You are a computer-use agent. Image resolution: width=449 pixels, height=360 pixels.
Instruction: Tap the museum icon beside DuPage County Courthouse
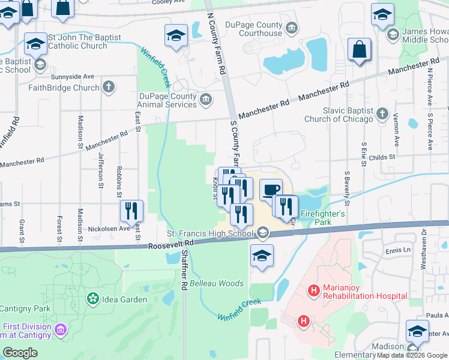(x=292, y=27)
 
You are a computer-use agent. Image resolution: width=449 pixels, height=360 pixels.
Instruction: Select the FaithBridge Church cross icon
(x=109, y=88)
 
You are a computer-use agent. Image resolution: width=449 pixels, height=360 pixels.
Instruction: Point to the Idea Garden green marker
(x=92, y=298)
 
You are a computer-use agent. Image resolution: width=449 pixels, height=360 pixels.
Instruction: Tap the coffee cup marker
(x=271, y=190)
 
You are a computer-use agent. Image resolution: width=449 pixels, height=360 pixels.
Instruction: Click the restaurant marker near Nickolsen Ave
(x=131, y=211)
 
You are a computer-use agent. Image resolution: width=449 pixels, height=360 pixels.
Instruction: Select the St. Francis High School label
(x=210, y=233)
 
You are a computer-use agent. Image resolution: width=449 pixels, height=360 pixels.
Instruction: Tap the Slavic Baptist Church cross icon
(x=382, y=113)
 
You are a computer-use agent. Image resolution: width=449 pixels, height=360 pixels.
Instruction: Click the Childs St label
(x=382, y=157)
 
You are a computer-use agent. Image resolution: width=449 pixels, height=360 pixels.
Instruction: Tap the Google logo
(x=20, y=353)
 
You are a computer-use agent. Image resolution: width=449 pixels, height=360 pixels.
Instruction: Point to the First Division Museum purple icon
(x=60, y=329)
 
